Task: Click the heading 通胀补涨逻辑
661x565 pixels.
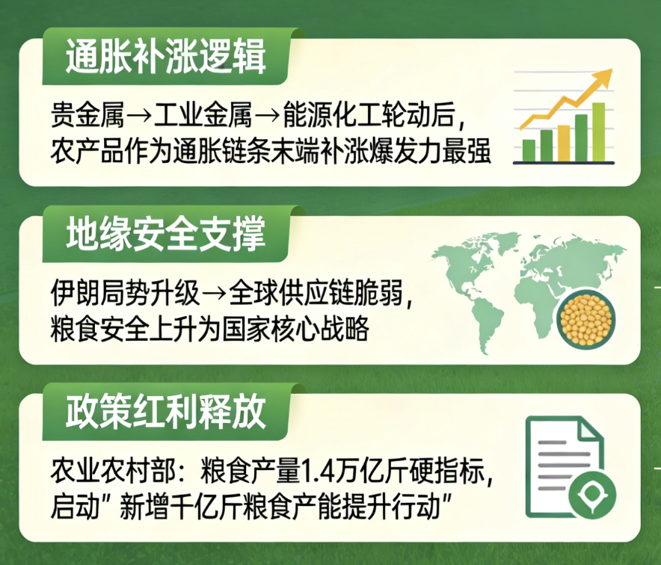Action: [166, 57]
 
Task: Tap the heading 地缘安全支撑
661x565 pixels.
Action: [166, 233]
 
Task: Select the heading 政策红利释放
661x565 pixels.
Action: [166, 412]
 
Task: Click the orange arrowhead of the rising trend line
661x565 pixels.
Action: [603, 77]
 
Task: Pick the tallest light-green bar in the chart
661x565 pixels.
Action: [599, 132]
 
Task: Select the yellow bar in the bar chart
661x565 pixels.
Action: [564, 143]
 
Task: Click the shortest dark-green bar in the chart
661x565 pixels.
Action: [529, 151]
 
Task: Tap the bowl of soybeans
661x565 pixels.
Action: [586, 319]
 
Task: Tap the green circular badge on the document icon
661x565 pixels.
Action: [592, 495]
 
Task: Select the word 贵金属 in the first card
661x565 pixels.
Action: [87, 115]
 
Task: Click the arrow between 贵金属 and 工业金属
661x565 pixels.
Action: [139, 116]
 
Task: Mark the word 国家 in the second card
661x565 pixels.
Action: [246, 329]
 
